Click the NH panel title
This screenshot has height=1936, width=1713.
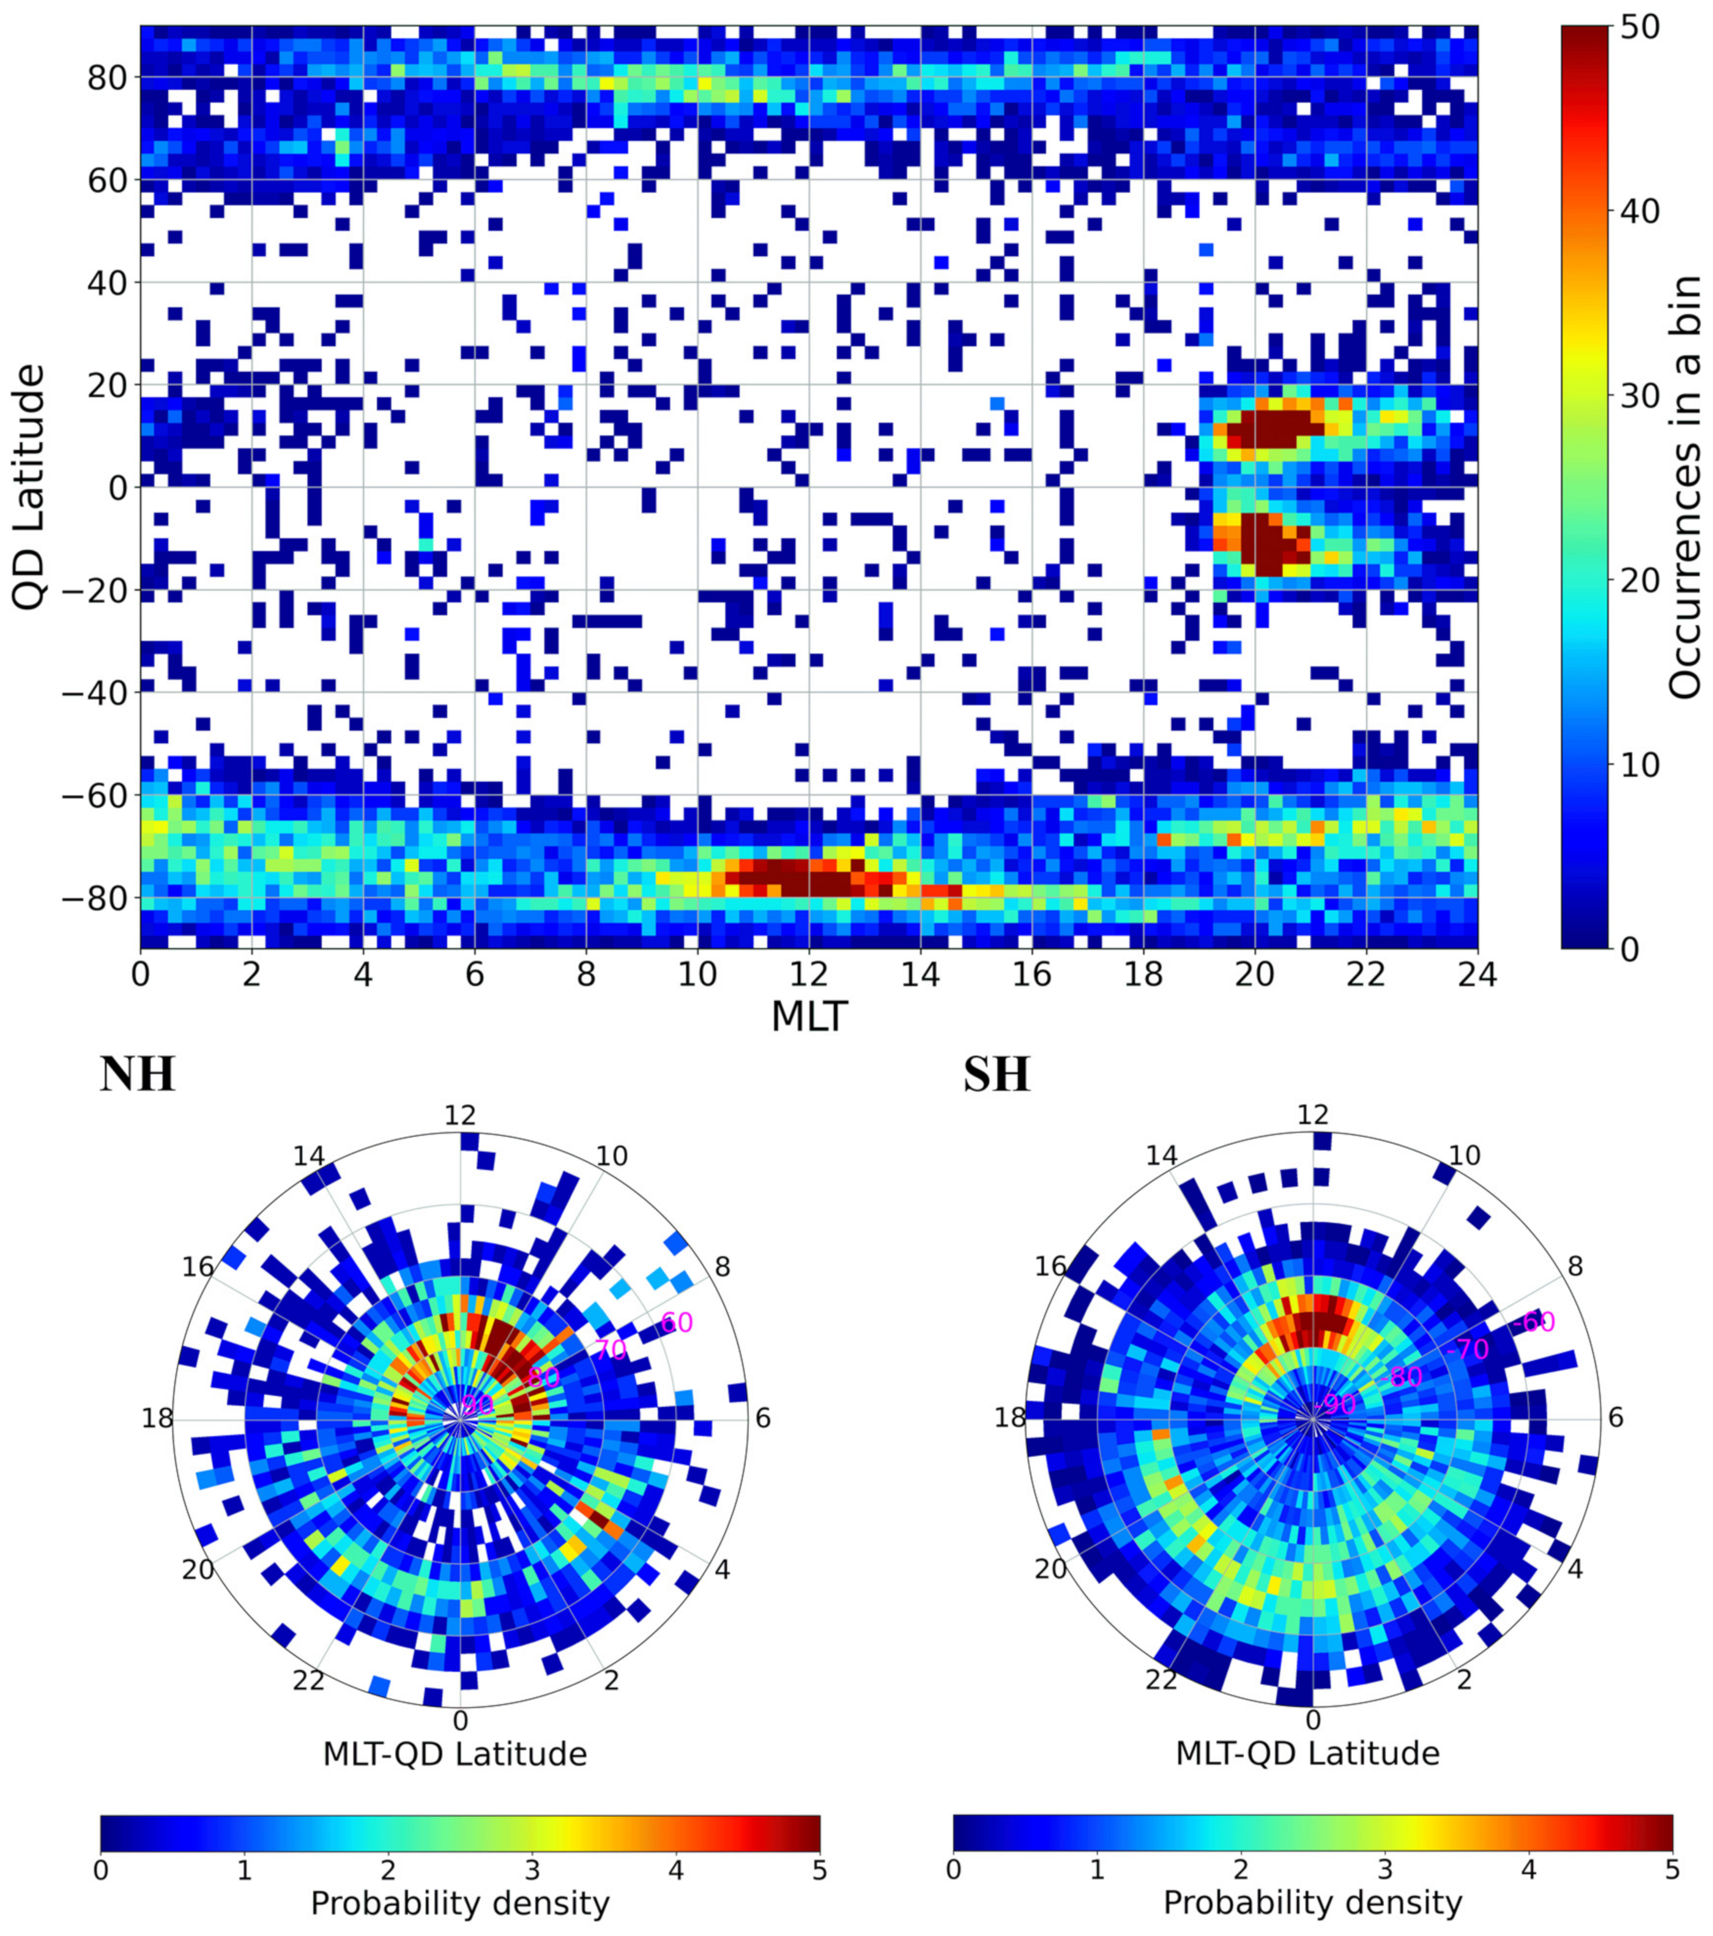(x=138, y=1075)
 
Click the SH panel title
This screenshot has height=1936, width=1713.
(x=997, y=1075)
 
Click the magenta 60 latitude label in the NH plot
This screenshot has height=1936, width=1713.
(x=677, y=1322)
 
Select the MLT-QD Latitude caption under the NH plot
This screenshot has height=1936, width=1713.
(x=456, y=1754)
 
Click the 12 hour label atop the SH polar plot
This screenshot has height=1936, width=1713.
(x=1313, y=1115)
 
